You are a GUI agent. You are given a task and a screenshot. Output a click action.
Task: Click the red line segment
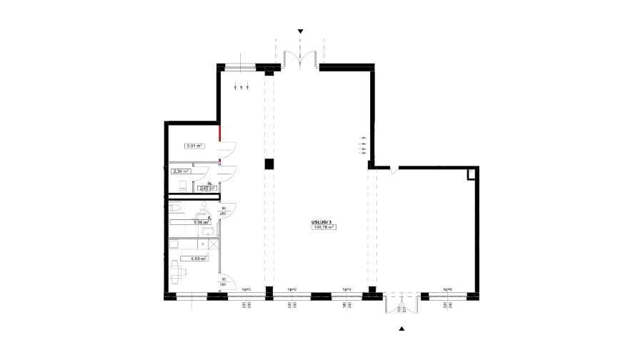point(219,133)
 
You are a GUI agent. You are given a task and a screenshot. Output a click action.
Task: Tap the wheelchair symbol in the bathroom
point(203,214)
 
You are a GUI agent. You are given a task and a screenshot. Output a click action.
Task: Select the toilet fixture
point(175,209)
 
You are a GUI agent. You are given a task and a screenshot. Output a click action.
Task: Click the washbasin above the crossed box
point(207,232)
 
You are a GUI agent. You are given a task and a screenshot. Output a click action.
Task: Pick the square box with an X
point(214,244)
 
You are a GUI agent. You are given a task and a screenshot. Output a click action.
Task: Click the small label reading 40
point(206,189)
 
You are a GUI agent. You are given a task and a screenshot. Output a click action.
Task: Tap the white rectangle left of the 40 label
point(183,186)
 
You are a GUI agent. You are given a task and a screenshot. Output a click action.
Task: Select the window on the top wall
point(240,67)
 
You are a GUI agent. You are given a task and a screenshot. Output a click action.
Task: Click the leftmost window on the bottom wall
point(191,296)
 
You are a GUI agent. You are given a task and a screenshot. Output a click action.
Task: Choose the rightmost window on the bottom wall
point(447,296)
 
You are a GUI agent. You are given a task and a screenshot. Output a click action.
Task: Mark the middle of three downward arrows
point(241,86)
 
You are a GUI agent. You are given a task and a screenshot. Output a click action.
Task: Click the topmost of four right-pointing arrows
point(362,138)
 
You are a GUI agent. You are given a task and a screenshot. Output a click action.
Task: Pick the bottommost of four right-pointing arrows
point(362,153)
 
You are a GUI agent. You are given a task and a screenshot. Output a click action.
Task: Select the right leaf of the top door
point(315,59)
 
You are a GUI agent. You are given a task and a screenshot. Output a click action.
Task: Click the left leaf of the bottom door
point(386,305)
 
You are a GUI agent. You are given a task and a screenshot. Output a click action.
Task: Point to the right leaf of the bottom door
point(417,305)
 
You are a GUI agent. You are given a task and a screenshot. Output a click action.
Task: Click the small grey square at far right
point(471,171)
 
